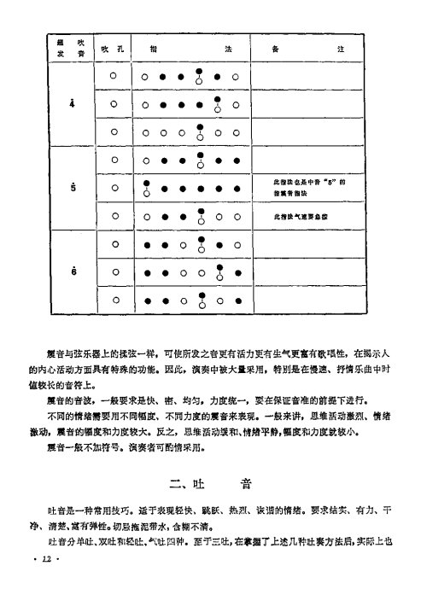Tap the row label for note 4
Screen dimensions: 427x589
pyautogui.click(x=72, y=105)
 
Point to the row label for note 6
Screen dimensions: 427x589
pyautogui.click(x=72, y=271)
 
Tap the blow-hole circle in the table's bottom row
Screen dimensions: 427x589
pyautogui.click(x=113, y=300)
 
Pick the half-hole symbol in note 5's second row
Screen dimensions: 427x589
pyautogui.click(x=146, y=189)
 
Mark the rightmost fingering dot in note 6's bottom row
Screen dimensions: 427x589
pyautogui.click(x=236, y=301)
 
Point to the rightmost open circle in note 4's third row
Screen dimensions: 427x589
pyautogui.click(x=236, y=133)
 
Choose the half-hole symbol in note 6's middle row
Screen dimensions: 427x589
pyautogui.click(x=219, y=274)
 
